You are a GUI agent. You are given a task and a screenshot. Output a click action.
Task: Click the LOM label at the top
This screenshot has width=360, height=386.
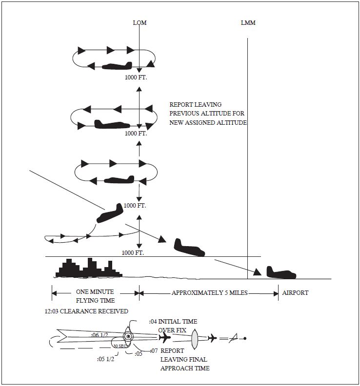click(140, 23)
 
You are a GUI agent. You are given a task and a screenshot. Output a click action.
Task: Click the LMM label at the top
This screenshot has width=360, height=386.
click(248, 23)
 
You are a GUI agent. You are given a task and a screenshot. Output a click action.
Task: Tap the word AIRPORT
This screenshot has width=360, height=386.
click(295, 293)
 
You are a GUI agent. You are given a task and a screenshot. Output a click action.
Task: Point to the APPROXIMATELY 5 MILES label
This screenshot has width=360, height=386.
click(209, 293)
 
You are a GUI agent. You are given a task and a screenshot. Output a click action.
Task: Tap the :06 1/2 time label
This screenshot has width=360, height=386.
click(100, 335)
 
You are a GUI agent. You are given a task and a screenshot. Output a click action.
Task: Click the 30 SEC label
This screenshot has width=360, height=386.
click(120, 346)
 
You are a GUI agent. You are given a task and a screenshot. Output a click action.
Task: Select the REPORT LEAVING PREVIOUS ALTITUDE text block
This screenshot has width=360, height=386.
click(208, 114)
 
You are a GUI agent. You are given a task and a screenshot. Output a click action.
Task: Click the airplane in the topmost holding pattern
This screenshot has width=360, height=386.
click(117, 65)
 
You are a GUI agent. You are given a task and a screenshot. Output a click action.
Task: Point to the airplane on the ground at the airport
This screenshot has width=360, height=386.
click(281, 273)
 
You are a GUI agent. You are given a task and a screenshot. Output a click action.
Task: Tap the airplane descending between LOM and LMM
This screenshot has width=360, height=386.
click(189, 248)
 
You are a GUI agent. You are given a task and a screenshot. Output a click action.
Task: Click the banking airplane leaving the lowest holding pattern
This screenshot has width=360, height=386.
click(110, 213)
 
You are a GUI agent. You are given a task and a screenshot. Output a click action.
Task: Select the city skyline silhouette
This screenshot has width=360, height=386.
click(88, 268)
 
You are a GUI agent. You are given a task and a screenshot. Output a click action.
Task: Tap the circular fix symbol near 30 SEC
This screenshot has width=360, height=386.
click(128, 336)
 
